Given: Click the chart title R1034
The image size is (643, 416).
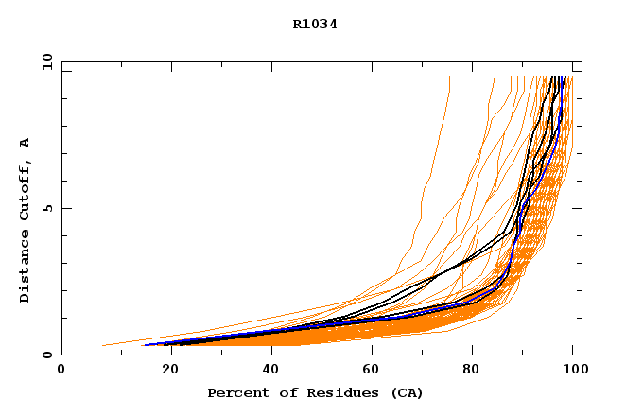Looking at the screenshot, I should click(315, 25).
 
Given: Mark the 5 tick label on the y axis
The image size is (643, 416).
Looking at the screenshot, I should click(46, 208).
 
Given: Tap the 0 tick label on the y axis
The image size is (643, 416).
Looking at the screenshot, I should click(46, 355).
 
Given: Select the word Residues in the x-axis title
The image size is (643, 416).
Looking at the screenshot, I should click(323, 392).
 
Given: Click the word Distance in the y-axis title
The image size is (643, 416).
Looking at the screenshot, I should click(26, 268).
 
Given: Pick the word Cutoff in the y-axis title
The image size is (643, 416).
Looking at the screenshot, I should click(26, 192).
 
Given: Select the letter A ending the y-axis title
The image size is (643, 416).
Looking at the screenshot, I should click(26, 143).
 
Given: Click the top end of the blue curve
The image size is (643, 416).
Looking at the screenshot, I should click(564, 77).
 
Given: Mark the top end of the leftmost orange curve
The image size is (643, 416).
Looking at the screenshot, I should click(449, 77).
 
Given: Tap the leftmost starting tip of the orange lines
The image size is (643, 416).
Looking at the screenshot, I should click(102, 345).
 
